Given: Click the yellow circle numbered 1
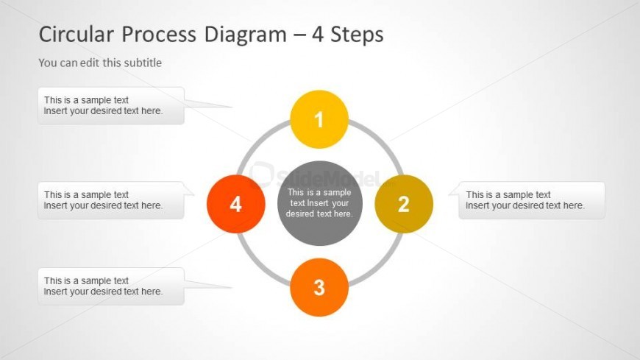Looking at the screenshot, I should point(319,119).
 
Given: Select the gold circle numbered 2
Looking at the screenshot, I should point(404,204).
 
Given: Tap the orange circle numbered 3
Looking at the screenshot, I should point(319,287).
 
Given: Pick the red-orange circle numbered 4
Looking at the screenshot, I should point(235,204).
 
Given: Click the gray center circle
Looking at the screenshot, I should point(319,203).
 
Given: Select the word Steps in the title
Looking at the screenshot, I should point(357,35).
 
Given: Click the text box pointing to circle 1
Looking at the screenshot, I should point(110,105).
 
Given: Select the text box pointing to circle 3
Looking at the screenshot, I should point(110,286).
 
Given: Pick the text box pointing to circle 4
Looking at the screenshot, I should point(110,200).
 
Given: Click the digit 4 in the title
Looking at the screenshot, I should point(318,35).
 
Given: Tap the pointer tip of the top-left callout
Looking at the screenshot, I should point(232,107).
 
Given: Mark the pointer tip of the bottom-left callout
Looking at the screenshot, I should point(232,287).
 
